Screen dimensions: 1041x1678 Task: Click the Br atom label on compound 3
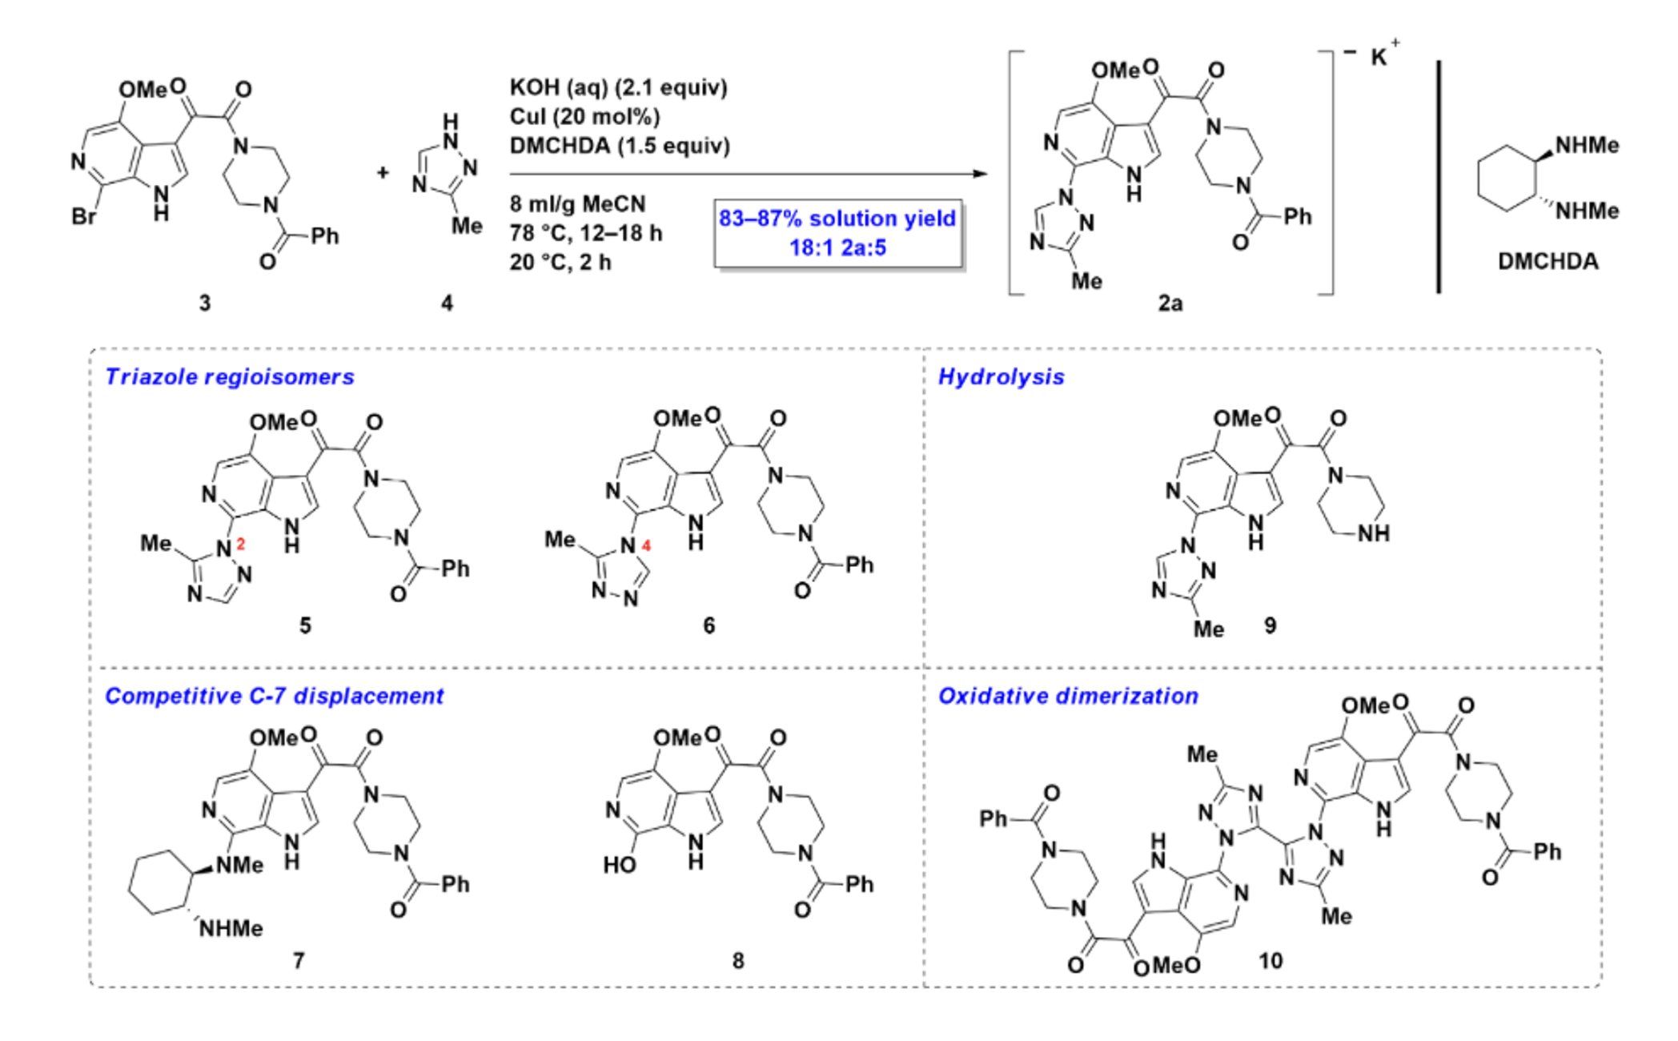pos(83,217)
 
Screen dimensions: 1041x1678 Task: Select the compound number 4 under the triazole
pos(447,303)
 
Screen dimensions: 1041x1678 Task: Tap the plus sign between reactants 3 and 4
pos(383,172)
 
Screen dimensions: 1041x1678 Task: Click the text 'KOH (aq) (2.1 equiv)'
pos(618,87)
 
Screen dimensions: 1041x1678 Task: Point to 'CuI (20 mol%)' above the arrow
pos(584,117)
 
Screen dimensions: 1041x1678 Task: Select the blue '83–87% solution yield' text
pos(837,219)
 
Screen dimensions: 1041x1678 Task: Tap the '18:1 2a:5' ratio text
pos(837,248)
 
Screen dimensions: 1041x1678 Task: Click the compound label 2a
pos(1170,303)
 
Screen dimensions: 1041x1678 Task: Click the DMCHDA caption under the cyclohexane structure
pos(1548,262)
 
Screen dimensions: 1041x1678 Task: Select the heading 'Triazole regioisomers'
pos(230,377)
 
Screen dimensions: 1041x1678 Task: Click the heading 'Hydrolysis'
pos(1001,377)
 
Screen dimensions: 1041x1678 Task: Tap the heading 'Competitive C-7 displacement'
pos(274,696)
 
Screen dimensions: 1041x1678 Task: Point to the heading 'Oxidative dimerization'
pos(1068,696)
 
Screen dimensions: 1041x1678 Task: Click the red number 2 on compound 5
pos(240,545)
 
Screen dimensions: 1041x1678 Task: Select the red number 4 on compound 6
pos(646,546)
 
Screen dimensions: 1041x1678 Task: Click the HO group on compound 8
pos(619,865)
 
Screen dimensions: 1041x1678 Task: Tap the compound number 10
pos(1270,961)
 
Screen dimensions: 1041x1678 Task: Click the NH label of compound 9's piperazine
pos(1373,534)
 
